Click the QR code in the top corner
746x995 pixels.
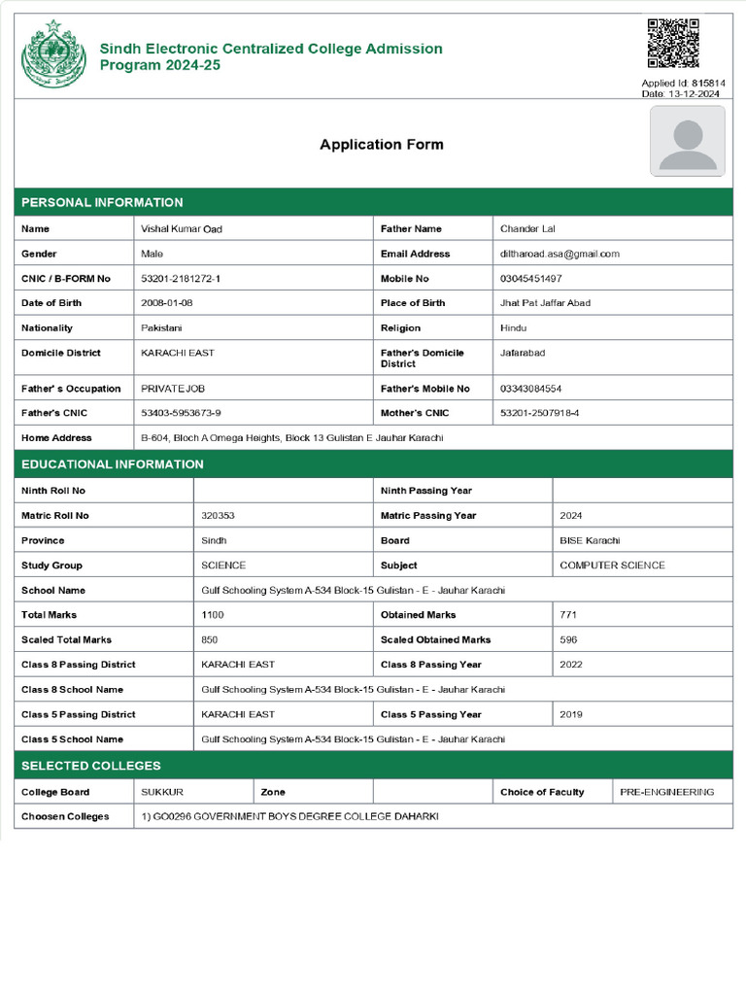coord(673,43)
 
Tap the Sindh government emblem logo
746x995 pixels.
coord(53,54)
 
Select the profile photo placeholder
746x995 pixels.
coord(687,141)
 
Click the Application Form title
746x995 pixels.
coord(382,145)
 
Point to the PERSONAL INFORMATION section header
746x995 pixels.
coord(102,202)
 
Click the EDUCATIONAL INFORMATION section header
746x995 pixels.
coord(113,464)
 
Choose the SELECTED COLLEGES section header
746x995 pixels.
coord(91,766)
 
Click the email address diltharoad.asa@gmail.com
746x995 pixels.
coord(559,254)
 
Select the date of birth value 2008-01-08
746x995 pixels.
coord(167,303)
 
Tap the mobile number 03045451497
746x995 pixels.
coord(530,279)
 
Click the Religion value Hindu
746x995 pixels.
coord(514,328)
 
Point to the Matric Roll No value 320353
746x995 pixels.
coord(218,516)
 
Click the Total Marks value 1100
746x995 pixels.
coord(212,615)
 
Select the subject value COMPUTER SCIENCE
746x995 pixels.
coord(612,566)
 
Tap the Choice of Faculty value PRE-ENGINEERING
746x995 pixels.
coord(666,792)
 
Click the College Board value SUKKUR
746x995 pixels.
coord(162,792)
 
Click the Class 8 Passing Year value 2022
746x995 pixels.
coord(571,665)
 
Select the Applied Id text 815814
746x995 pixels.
coord(708,84)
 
